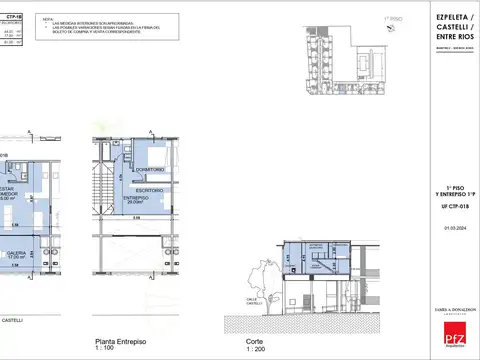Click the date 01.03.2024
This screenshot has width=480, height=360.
coord(442,228)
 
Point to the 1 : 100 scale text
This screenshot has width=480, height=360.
coord(104,348)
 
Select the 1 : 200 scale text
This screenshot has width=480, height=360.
coord(257,348)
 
